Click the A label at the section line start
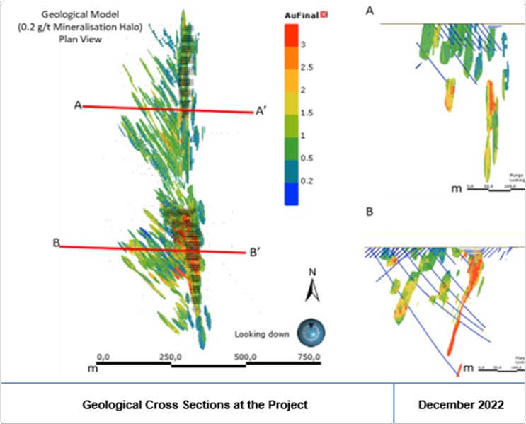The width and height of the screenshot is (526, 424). coord(78,105)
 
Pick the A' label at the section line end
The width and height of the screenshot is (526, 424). coord(261,111)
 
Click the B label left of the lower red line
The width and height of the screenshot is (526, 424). coord(55,243)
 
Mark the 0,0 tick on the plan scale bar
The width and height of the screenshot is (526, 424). coord(103,356)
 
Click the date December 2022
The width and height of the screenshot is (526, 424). coord(461,405)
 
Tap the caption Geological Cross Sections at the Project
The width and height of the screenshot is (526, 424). coord(195,405)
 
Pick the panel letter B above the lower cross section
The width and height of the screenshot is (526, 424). coord(370,212)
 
